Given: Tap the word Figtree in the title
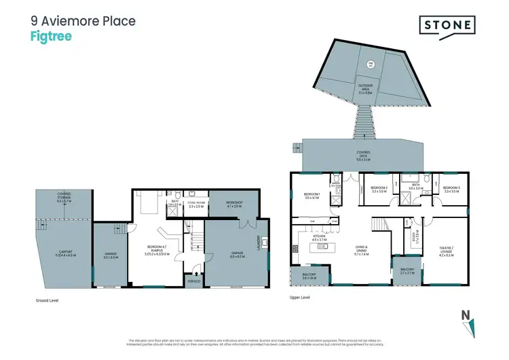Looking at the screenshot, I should pyautogui.click(x=51, y=37).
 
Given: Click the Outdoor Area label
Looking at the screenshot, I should pyautogui.click(x=365, y=88).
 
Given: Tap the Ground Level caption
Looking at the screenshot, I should pyautogui.click(x=48, y=298).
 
